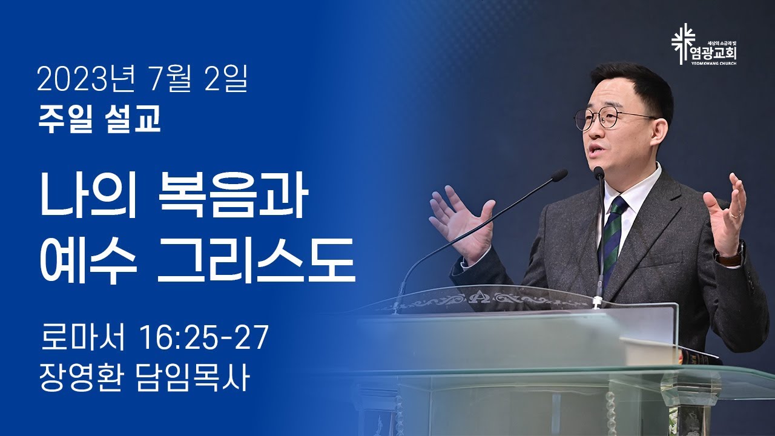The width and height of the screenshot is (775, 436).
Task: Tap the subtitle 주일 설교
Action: coord(100,120)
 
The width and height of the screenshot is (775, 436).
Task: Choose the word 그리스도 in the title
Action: coord(256,260)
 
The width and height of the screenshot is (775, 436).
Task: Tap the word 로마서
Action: coord(82,337)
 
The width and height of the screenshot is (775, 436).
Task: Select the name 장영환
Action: coord(81,378)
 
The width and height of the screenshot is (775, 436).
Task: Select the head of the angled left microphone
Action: coord(558,175)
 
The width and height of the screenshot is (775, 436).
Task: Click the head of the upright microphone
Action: coord(599,173)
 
